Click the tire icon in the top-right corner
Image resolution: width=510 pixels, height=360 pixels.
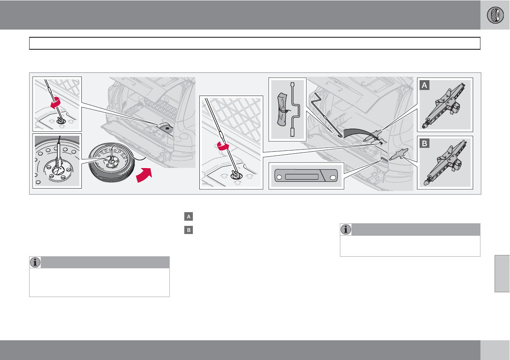coord(495,15)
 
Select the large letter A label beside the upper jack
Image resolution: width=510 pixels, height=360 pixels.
coord(425,86)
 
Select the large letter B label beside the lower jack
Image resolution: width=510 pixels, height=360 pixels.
coord(425,144)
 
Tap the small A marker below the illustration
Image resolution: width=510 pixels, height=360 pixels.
coord(188,217)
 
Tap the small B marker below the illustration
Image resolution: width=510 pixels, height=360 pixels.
coord(188,230)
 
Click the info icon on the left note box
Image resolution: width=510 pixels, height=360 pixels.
coord(35,262)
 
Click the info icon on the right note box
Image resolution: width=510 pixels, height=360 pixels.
coord(346,229)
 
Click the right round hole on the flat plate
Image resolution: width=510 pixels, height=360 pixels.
coord(333,177)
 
